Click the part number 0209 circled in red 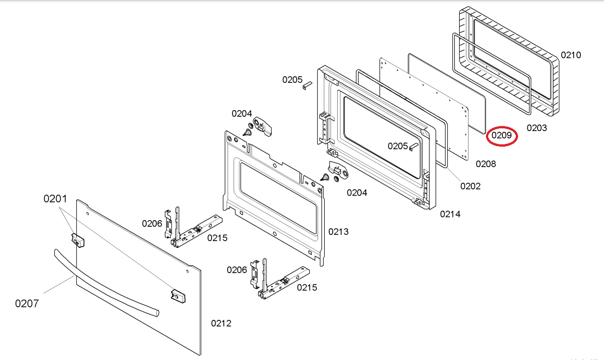(x=502, y=135)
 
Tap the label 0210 (x=571, y=55)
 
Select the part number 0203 (x=537, y=128)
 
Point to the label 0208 (x=486, y=164)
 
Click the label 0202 (x=470, y=186)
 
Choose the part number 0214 (x=450, y=214)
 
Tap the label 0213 (x=339, y=232)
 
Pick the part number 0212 (x=221, y=323)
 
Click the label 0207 (x=27, y=304)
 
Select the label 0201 (x=55, y=199)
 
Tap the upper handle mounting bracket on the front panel (x=78, y=240)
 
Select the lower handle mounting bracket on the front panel (x=178, y=296)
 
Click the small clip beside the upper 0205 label (x=307, y=86)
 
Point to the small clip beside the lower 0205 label (x=413, y=147)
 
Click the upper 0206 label (x=152, y=224)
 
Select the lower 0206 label (x=237, y=270)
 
